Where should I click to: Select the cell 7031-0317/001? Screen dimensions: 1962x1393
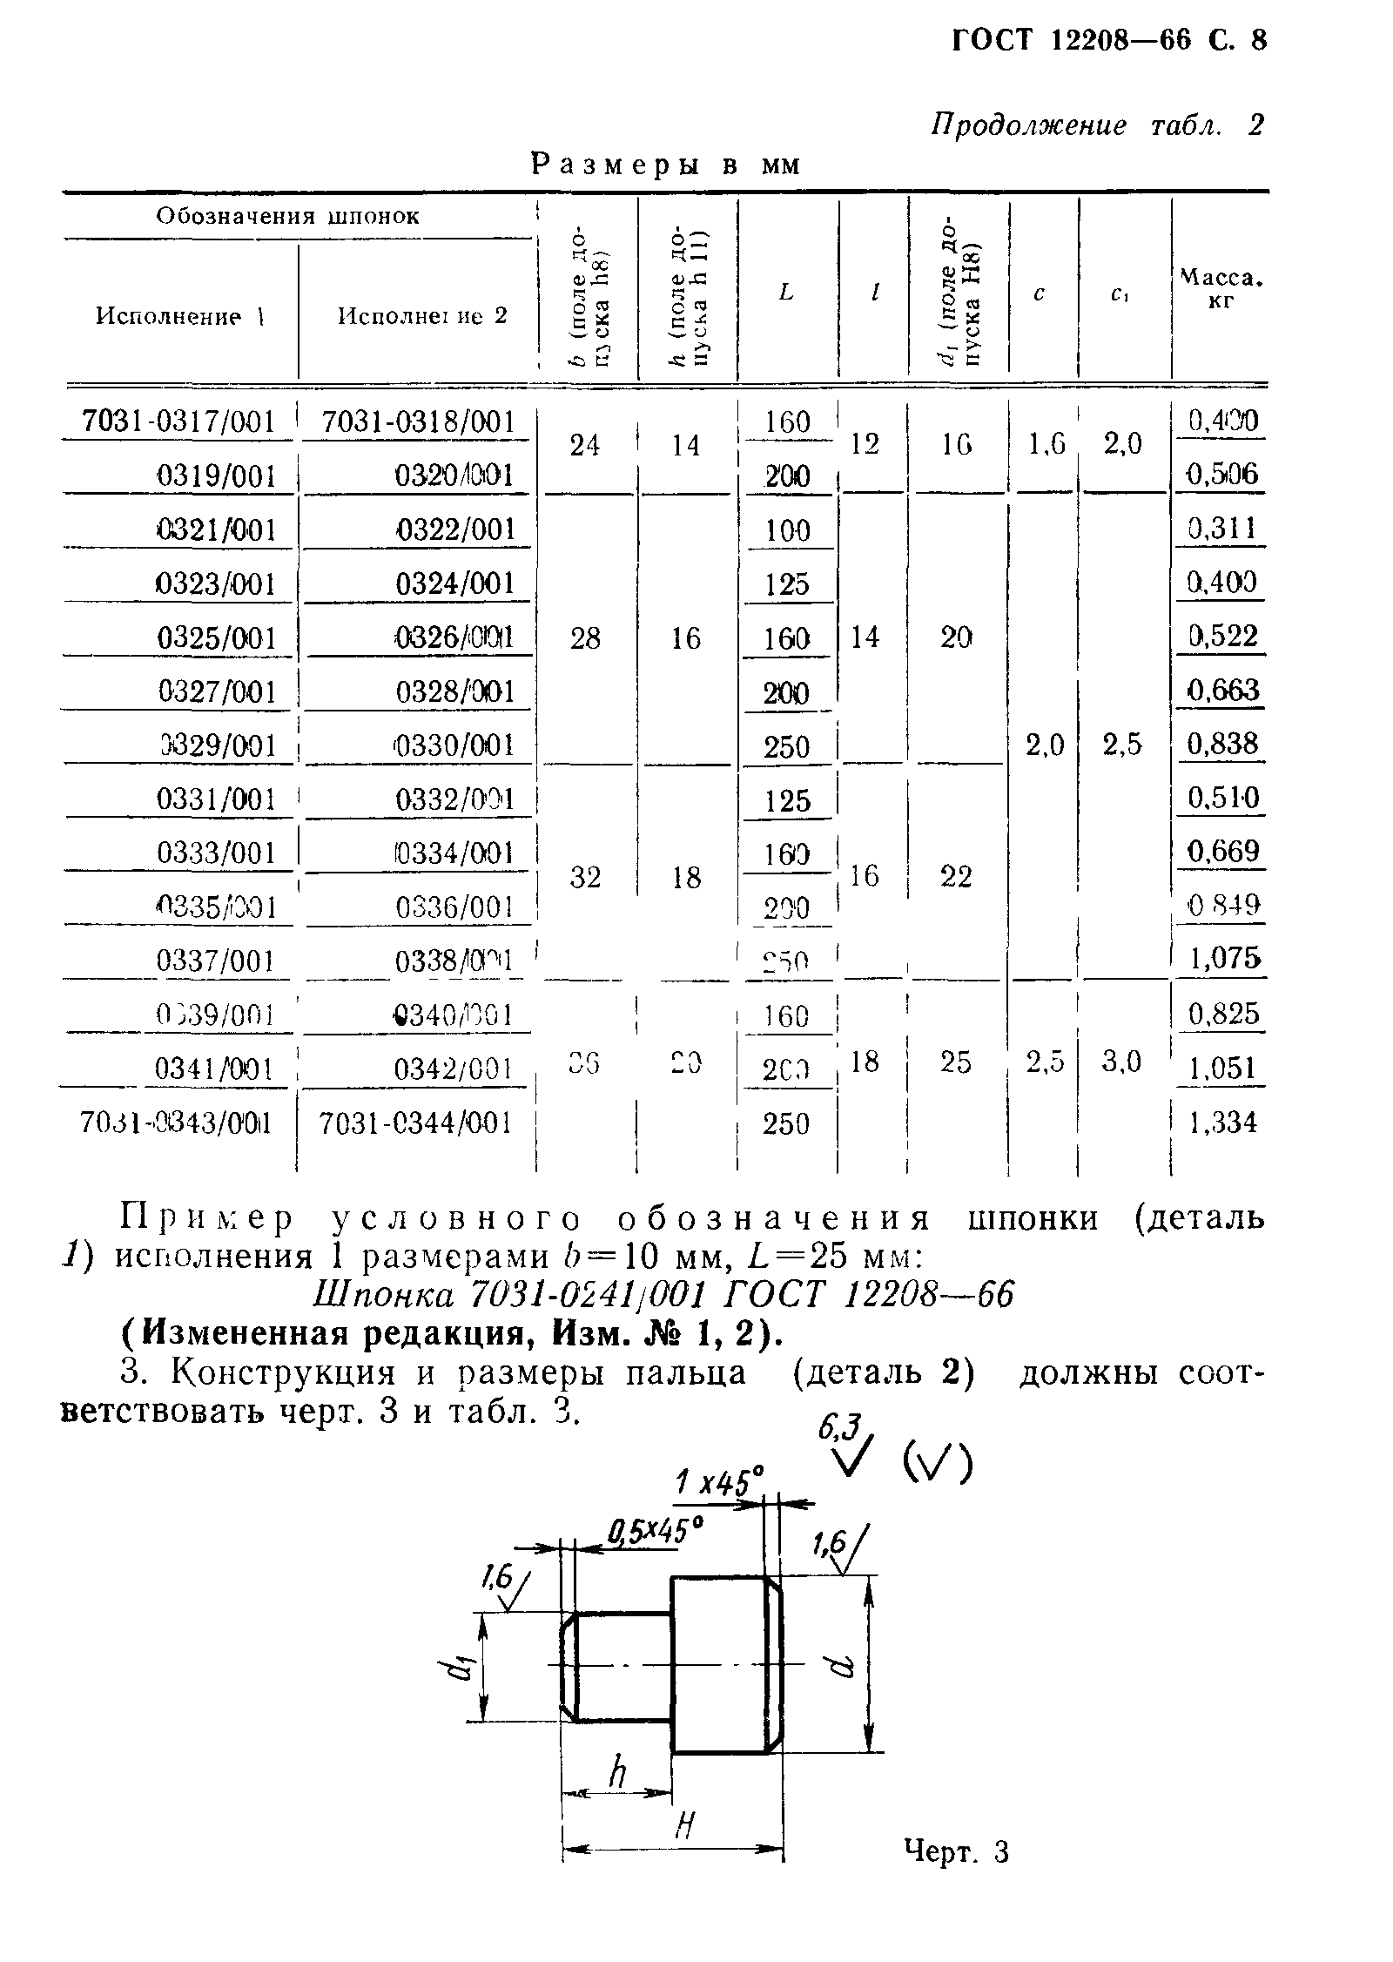pos(178,421)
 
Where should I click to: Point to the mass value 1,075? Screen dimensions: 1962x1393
pos(1223,960)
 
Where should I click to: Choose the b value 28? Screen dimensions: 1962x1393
pos(585,638)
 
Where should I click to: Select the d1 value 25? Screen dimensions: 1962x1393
pos(956,1062)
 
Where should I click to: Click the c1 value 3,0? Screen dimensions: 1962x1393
pos(1121,1062)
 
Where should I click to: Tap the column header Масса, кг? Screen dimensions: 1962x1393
pos(1220,290)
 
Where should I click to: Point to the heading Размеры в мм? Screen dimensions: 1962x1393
pos(665,164)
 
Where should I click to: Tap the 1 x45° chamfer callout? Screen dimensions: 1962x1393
pos(719,1480)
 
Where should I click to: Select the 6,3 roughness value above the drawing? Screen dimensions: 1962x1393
pos(838,1428)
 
